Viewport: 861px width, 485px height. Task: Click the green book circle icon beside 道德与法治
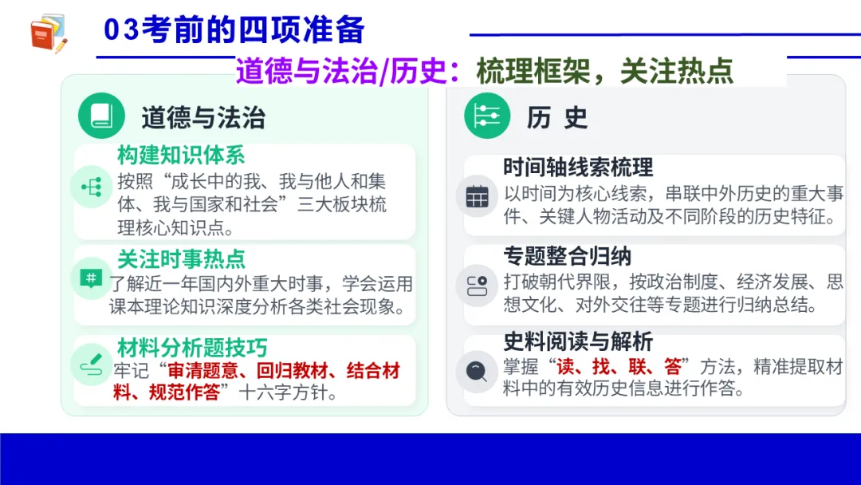pos(101,116)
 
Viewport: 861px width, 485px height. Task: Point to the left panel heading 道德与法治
pos(202,117)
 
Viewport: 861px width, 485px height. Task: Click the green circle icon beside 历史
pos(487,116)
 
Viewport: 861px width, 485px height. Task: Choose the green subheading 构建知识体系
pos(181,155)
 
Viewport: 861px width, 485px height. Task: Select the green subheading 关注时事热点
pos(181,258)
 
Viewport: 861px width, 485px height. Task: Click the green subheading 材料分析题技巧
pos(192,348)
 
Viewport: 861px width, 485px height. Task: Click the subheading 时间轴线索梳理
pos(578,167)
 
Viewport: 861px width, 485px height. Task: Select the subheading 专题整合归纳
pos(567,256)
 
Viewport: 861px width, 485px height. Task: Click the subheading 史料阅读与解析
pos(578,341)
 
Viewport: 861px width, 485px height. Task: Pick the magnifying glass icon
pos(477,371)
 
